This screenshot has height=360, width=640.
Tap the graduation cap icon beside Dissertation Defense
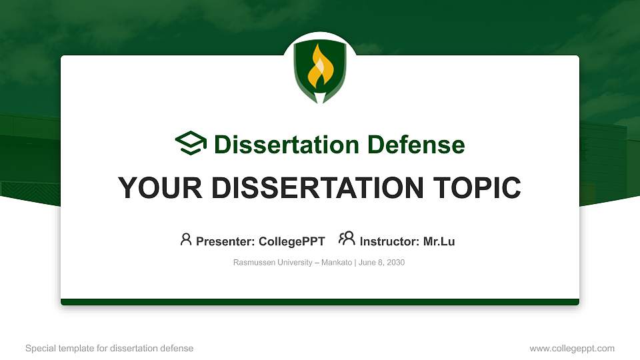191,143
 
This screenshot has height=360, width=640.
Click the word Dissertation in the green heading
287,145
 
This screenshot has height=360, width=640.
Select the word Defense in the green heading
416,145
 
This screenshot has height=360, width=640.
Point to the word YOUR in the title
160,188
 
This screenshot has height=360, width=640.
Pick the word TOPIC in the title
477,188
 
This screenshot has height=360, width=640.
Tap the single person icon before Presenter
186,239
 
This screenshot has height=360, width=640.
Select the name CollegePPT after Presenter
292,241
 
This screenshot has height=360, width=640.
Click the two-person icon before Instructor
347,239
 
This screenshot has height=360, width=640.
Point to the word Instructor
389,241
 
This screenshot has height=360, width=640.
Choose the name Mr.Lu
439,241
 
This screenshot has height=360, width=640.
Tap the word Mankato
336,263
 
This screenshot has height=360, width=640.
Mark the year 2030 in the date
395,263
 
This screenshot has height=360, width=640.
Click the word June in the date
367,263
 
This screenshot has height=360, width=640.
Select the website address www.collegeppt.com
572,348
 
